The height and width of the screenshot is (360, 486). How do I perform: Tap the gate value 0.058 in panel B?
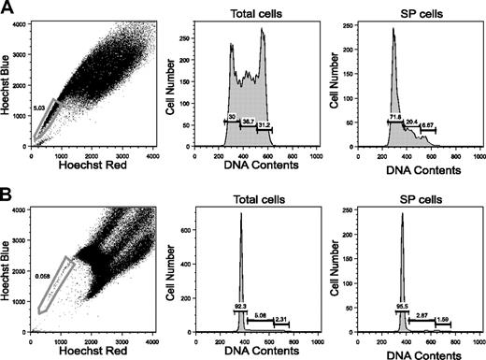(41, 276)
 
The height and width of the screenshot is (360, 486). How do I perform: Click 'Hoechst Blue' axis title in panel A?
(7, 85)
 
